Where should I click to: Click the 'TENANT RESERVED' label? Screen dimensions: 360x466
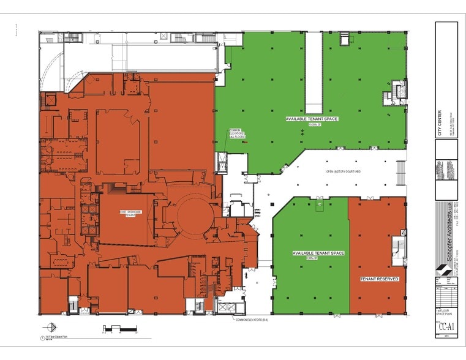coord(379,279)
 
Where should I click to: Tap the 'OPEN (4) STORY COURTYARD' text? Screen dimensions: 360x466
coord(343,171)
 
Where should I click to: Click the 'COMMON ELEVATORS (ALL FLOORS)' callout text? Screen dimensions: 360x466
coord(237,133)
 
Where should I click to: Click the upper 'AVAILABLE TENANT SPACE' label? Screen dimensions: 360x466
coord(312,118)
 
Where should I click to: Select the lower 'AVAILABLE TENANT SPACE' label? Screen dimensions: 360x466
coord(318,253)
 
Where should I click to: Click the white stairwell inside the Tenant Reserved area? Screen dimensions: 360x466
coord(399,250)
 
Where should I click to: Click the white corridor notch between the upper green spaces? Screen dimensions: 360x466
coord(314,68)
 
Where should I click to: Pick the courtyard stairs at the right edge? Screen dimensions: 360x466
coord(401,173)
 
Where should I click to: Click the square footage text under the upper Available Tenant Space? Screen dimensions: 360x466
coord(312,124)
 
